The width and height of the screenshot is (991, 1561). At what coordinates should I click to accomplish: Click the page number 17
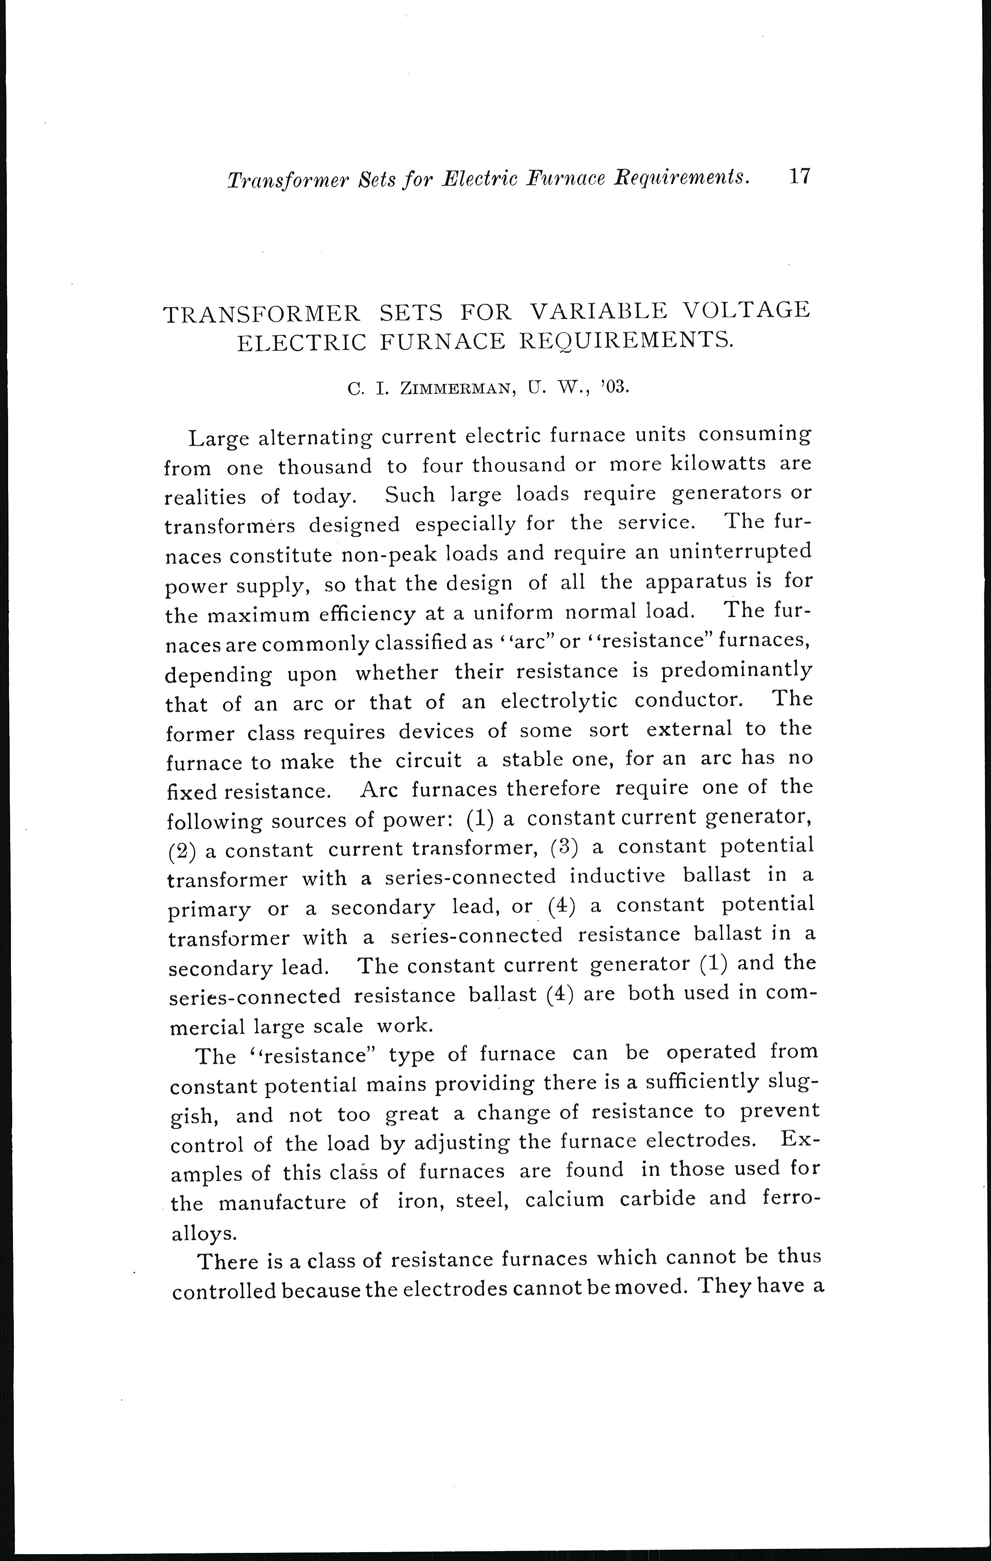[x=799, y=177]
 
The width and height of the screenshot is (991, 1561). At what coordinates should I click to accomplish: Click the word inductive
[x=617, y=876]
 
